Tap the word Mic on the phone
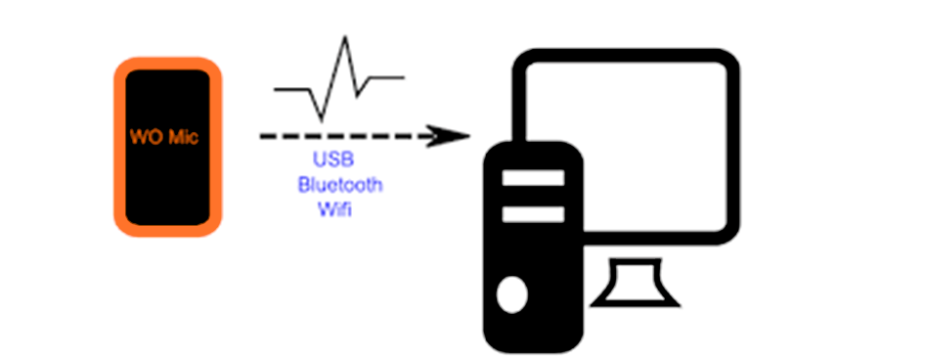point(183,138)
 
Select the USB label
point(332,160)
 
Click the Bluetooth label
point(340,184)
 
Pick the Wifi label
point(333,207)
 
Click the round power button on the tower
point(511,292)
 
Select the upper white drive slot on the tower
point(533,178)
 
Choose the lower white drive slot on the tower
point(533,211)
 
